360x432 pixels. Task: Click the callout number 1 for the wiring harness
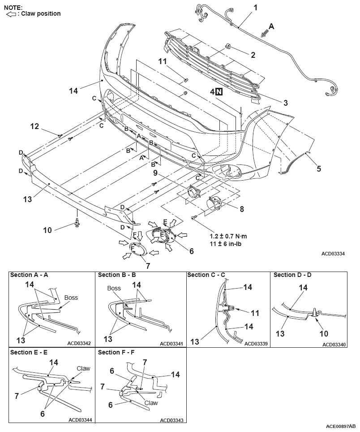tap(255, 8)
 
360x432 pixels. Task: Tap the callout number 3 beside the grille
tap(285, 103)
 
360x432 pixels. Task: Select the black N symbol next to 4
tap(219, 91)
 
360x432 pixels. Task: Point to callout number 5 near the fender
tap(319, 168)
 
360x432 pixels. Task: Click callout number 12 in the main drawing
tap(34, 126)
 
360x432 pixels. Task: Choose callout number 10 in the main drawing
tap(47, 230)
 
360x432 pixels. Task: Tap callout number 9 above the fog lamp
tap(155, 173)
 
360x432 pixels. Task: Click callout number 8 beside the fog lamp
tap(242, 209)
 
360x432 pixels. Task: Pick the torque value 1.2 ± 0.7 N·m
tap(228, 236)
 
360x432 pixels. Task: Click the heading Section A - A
tap(29, 275)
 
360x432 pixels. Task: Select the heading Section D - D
tap(292, 275)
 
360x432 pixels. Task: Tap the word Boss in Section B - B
tap(114, 288)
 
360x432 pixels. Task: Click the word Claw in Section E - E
tap(83, 368)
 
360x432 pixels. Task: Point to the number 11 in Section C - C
tap(255, 313)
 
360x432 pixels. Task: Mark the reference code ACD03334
tap(333, 254)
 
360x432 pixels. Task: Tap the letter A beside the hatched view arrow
tap(271, 26)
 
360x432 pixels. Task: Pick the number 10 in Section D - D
tap(324, 334)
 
